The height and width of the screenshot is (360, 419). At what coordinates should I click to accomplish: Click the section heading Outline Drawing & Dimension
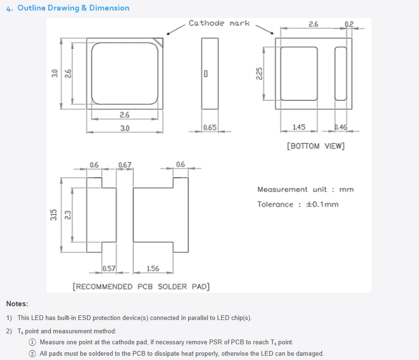[x=73, y=8]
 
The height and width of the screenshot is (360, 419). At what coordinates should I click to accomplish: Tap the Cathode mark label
[x=219, y=23]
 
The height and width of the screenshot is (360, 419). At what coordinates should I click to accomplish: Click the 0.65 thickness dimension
[x=210, y=127]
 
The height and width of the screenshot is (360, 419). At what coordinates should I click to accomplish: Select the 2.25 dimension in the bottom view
[x=259, y=74]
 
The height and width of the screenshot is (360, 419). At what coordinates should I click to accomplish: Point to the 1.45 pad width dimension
[x=299, y=127]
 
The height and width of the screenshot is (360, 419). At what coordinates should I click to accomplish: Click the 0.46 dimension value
[x=341, y=127]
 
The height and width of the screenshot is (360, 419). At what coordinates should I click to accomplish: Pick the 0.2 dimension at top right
[x=349, y=24]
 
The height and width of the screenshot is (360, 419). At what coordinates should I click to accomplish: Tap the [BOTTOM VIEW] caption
[x=316, y=146]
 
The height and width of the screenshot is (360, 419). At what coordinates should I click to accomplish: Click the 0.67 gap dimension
[x=125, y=165]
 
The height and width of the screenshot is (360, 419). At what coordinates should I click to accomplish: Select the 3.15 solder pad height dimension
[x=54, y=215]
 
